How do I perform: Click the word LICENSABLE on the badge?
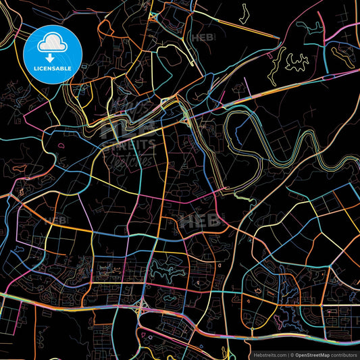pyautogui.click(x=53, y=69)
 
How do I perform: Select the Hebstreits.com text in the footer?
pyautogui.click(x=267, y=353)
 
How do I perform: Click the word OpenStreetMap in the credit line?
pyautogui.click(x=315, y=353)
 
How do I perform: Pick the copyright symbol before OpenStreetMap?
pyautogui.click(x=291, y=353)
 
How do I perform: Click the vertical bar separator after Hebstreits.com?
pyautogui.click(x=286, y=353)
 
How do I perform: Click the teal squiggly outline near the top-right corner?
pyautogui.click(x=312, y=30)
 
